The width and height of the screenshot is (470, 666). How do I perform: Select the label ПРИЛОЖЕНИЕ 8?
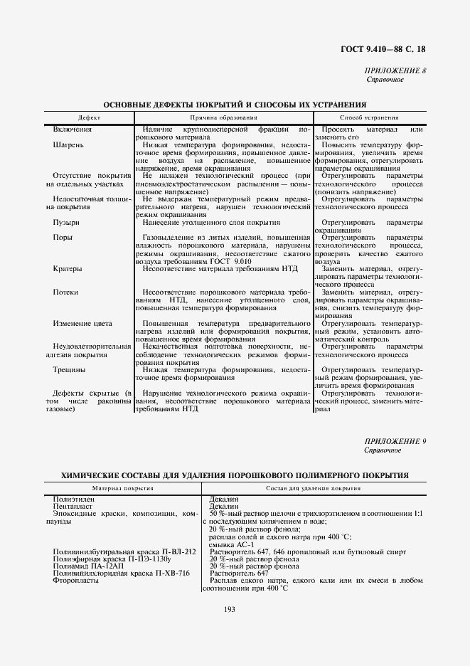tap(395, 70)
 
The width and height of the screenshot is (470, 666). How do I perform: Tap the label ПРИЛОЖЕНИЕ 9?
tap(395, 442)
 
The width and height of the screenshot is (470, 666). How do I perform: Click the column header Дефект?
tap(90, 117)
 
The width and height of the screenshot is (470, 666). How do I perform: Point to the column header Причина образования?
tap(223, 117)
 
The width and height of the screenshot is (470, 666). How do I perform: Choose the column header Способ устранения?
tap(369, 117)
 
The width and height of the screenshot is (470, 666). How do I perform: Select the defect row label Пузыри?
tap(65, 223)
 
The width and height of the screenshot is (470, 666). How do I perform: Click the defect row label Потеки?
tap(65, 292)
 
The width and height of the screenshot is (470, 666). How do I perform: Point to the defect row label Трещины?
tap(69, 370)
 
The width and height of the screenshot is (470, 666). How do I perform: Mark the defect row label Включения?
tap(73, 129)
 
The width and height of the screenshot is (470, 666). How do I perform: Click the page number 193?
tap(229, 608)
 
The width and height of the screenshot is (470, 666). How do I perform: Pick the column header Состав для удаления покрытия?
tap(314, 489)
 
